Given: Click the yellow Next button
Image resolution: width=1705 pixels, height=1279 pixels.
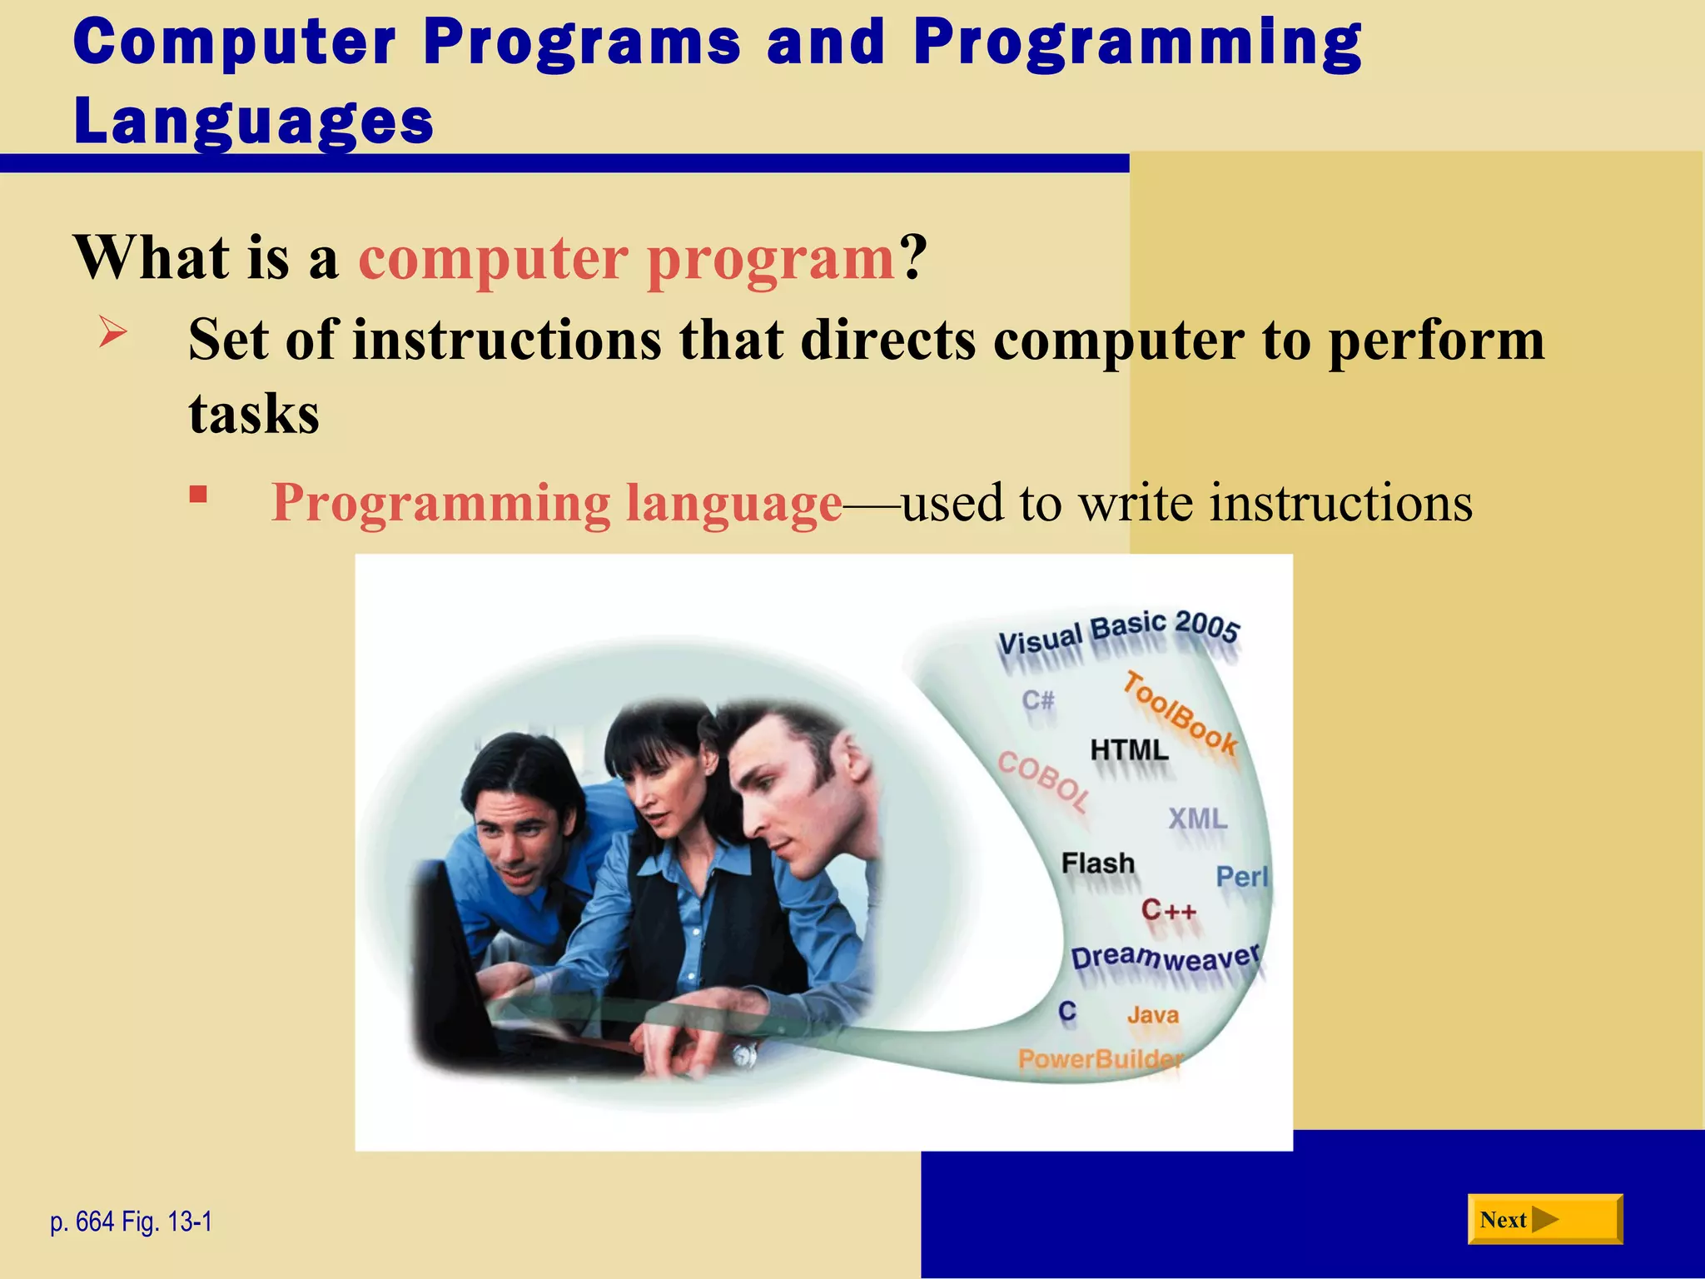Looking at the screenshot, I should [1544, 1219].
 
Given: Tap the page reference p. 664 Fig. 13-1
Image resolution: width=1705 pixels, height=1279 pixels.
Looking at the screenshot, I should [131, 1222].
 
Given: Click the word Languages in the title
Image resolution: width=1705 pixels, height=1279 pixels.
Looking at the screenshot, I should [253, 121].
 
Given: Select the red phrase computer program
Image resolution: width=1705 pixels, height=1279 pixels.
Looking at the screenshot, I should [626, 257].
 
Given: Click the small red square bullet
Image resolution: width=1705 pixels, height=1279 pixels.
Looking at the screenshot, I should [197, 495].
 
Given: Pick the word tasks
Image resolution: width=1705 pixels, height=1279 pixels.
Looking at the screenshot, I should [254, 414].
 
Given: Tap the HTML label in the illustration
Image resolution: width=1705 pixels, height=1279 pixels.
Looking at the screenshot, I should [1129, 749].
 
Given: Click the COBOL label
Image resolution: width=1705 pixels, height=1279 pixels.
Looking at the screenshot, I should [1044, 780].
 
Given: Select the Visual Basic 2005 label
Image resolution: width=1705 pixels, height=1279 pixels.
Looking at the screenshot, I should [1119, 632].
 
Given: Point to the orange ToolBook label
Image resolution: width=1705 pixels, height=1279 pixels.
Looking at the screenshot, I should [1180, 713].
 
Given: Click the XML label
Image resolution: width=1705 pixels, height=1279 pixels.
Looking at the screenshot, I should [1197, 819].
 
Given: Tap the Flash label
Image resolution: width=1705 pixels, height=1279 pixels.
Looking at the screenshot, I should [1097, 863].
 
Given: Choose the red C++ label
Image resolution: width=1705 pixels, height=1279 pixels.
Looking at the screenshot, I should [1168, 909].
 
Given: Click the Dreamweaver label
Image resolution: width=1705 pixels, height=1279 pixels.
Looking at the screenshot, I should [1166, 958].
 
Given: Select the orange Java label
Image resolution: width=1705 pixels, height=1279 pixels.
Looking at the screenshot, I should [1152, 1015].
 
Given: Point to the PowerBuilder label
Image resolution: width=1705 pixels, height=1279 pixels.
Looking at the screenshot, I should [1099, 1059].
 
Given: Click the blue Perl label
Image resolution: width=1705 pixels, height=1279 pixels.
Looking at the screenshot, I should [1241, 876].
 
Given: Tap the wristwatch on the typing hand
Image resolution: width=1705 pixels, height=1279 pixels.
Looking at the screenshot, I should [743, 1055].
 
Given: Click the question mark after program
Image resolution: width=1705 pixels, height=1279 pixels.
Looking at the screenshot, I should [912, 257].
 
